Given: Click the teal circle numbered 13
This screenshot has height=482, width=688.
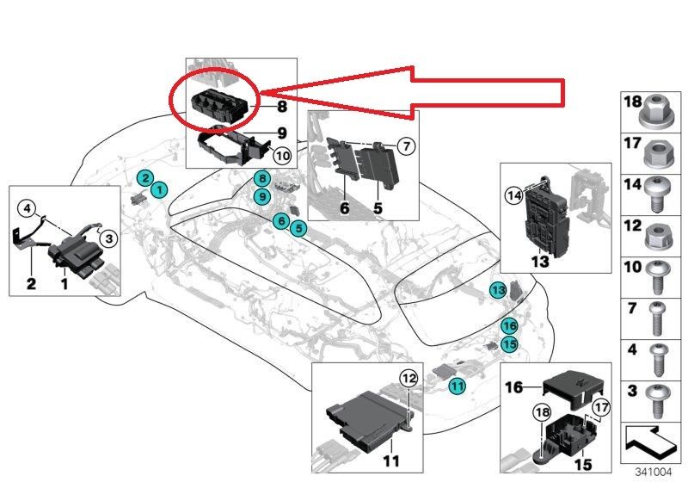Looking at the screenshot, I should click(x=499, y=291).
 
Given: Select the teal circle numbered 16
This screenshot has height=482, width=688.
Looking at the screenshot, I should click(x=509, y=326).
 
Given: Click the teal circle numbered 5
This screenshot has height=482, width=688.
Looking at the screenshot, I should click(x=298, y=228).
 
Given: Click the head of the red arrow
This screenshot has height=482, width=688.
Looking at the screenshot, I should click(x=265, y=90).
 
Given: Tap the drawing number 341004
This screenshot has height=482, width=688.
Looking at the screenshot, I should click(x=654, y=472).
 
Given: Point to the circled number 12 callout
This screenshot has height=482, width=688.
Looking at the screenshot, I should click(x=408, y=377).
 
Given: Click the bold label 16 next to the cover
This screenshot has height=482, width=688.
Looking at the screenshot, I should click(x=514, y=388).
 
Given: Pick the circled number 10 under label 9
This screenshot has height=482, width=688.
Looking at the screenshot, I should click(x=281, y=155).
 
